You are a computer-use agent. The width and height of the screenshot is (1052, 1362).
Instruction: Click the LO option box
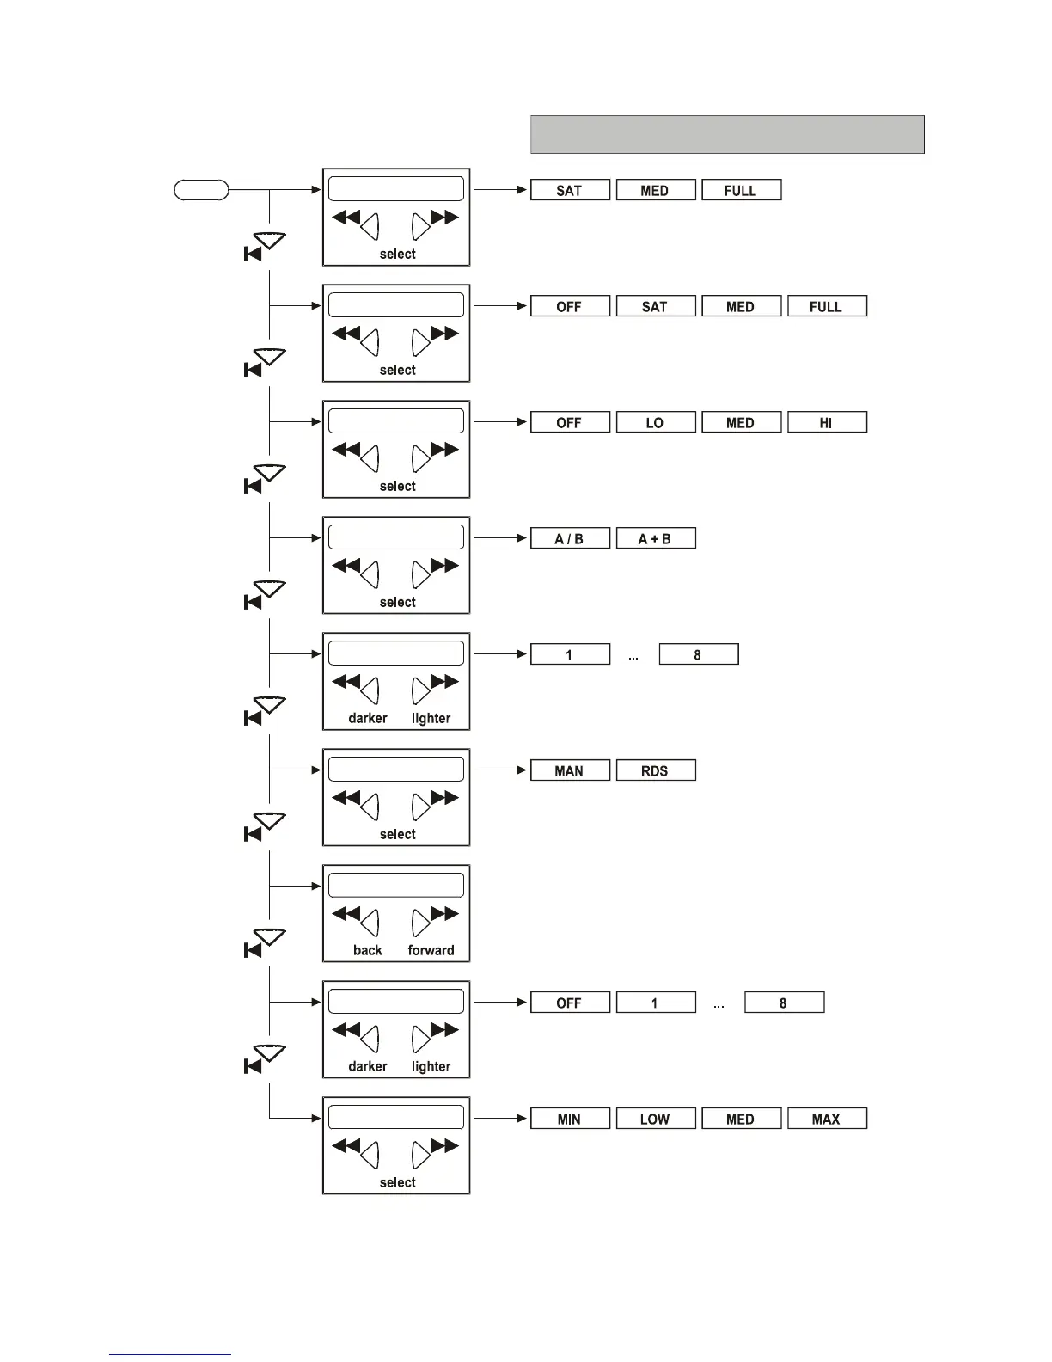655,422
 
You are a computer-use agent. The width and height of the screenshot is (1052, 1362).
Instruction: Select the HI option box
826,422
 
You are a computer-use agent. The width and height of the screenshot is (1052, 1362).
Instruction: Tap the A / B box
570,538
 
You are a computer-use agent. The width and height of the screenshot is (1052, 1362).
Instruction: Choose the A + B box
655,538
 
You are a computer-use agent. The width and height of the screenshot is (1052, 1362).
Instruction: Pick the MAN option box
570,770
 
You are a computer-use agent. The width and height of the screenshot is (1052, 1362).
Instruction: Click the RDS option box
655,770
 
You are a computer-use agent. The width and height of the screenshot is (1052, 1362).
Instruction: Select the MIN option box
570,1119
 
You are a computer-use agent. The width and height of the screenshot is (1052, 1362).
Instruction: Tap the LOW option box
655,1119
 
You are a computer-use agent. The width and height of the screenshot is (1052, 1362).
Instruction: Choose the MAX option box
826,1119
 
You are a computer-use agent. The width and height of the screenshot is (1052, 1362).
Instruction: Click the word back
368,950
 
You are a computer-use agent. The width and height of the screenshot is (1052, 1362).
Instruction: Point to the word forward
431,950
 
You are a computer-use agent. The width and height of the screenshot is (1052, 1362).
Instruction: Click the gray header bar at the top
727,134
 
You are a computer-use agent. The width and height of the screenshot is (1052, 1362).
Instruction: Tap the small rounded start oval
201,190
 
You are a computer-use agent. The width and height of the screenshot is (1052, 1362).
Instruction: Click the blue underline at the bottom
169,1354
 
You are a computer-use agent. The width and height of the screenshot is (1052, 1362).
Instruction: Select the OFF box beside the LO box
570,422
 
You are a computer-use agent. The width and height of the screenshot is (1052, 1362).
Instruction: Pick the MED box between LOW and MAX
741,1119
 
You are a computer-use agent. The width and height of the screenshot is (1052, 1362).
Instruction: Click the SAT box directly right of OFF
655,306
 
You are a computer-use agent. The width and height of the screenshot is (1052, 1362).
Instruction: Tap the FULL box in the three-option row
741,190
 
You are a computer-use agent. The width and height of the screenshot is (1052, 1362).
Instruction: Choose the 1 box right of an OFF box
655,1003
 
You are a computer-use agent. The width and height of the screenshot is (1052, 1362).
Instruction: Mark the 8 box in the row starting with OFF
784,1003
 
